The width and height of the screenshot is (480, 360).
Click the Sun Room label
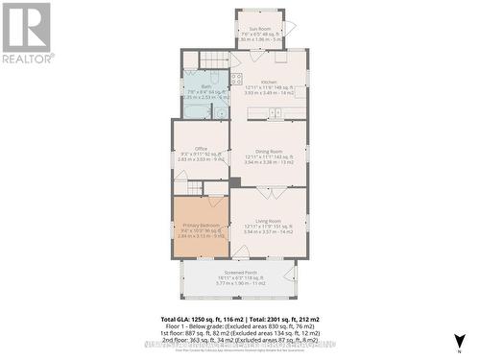pyautogui.click(x=259, y=29)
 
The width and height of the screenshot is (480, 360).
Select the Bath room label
pyautogui.click(x=206, y=84)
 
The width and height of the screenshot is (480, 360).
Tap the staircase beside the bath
pyautogui.click(x=212, y=60)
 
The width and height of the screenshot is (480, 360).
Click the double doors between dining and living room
pyautogui.click(x=268, y=186)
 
